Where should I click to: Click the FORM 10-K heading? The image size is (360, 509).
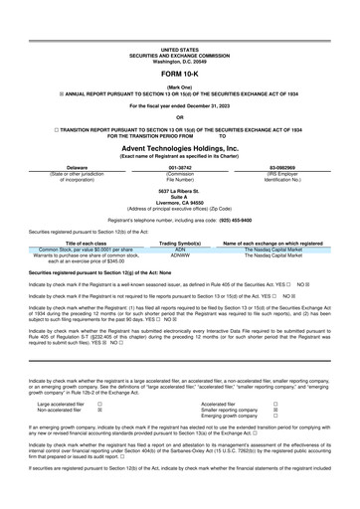(x=179, y=74)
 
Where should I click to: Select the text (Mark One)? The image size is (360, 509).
(x=179, y=88)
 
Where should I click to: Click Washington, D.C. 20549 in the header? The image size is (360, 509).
(x=179, y=60)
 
